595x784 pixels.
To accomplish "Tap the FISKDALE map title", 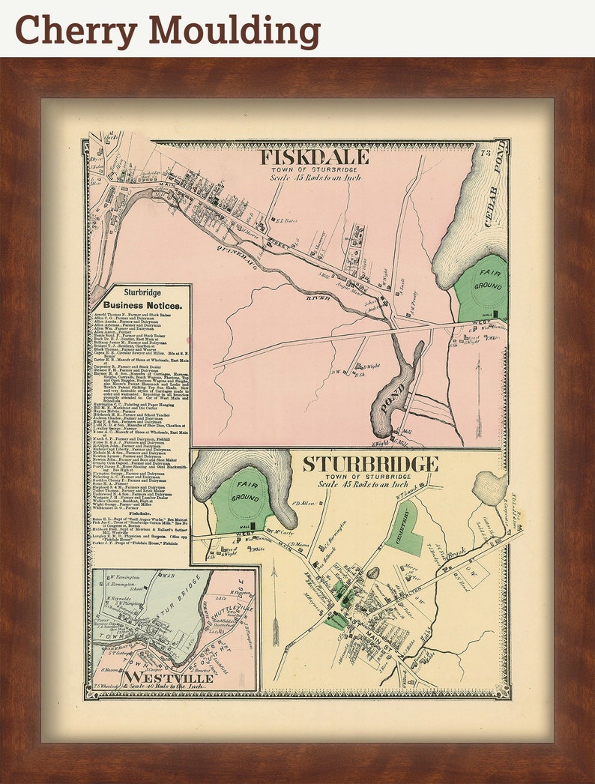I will [314, 157].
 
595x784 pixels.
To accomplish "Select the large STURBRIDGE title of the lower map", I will [370, 464].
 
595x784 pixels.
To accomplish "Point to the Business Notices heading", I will [142, 306].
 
